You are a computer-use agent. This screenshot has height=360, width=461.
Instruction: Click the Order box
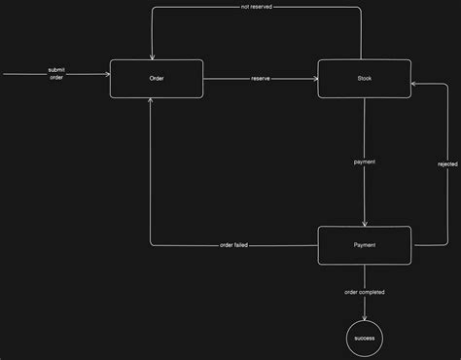click(x=157, y=79)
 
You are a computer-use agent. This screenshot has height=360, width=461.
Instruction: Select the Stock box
click(x=365, y=79)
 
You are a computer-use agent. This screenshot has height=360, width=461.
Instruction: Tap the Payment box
click(x=365, y=245)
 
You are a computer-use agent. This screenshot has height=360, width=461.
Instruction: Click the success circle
click(x=365, y=337)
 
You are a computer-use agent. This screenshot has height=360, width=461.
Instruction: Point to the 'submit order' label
click(x=56, y=74)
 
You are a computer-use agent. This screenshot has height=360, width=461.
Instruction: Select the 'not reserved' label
click(x=256, y=8)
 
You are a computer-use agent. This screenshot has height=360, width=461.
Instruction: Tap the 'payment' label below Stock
click(x=365, y=162)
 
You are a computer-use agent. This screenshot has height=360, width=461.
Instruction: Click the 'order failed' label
click(x=233, y=245)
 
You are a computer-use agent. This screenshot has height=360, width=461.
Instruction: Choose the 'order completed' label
click(x=365, y=291)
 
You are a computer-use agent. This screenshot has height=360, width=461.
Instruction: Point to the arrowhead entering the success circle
click(x=365, y=314)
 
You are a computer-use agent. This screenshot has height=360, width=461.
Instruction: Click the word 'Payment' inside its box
click(x=365, y=245)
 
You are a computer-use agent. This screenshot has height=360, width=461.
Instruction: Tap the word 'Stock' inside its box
click(x=365, y=79)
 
